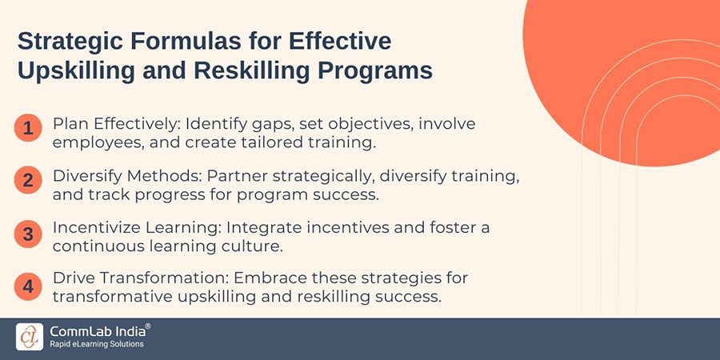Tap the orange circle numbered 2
(28, 180)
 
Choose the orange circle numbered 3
(28, 234)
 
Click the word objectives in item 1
(399, 126)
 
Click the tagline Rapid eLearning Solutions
(96, 345)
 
